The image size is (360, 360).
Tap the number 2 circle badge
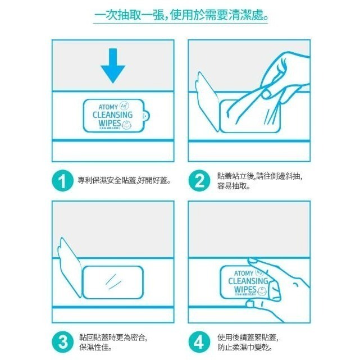coord(199,181)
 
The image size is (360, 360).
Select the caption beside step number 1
coord(124,181)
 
